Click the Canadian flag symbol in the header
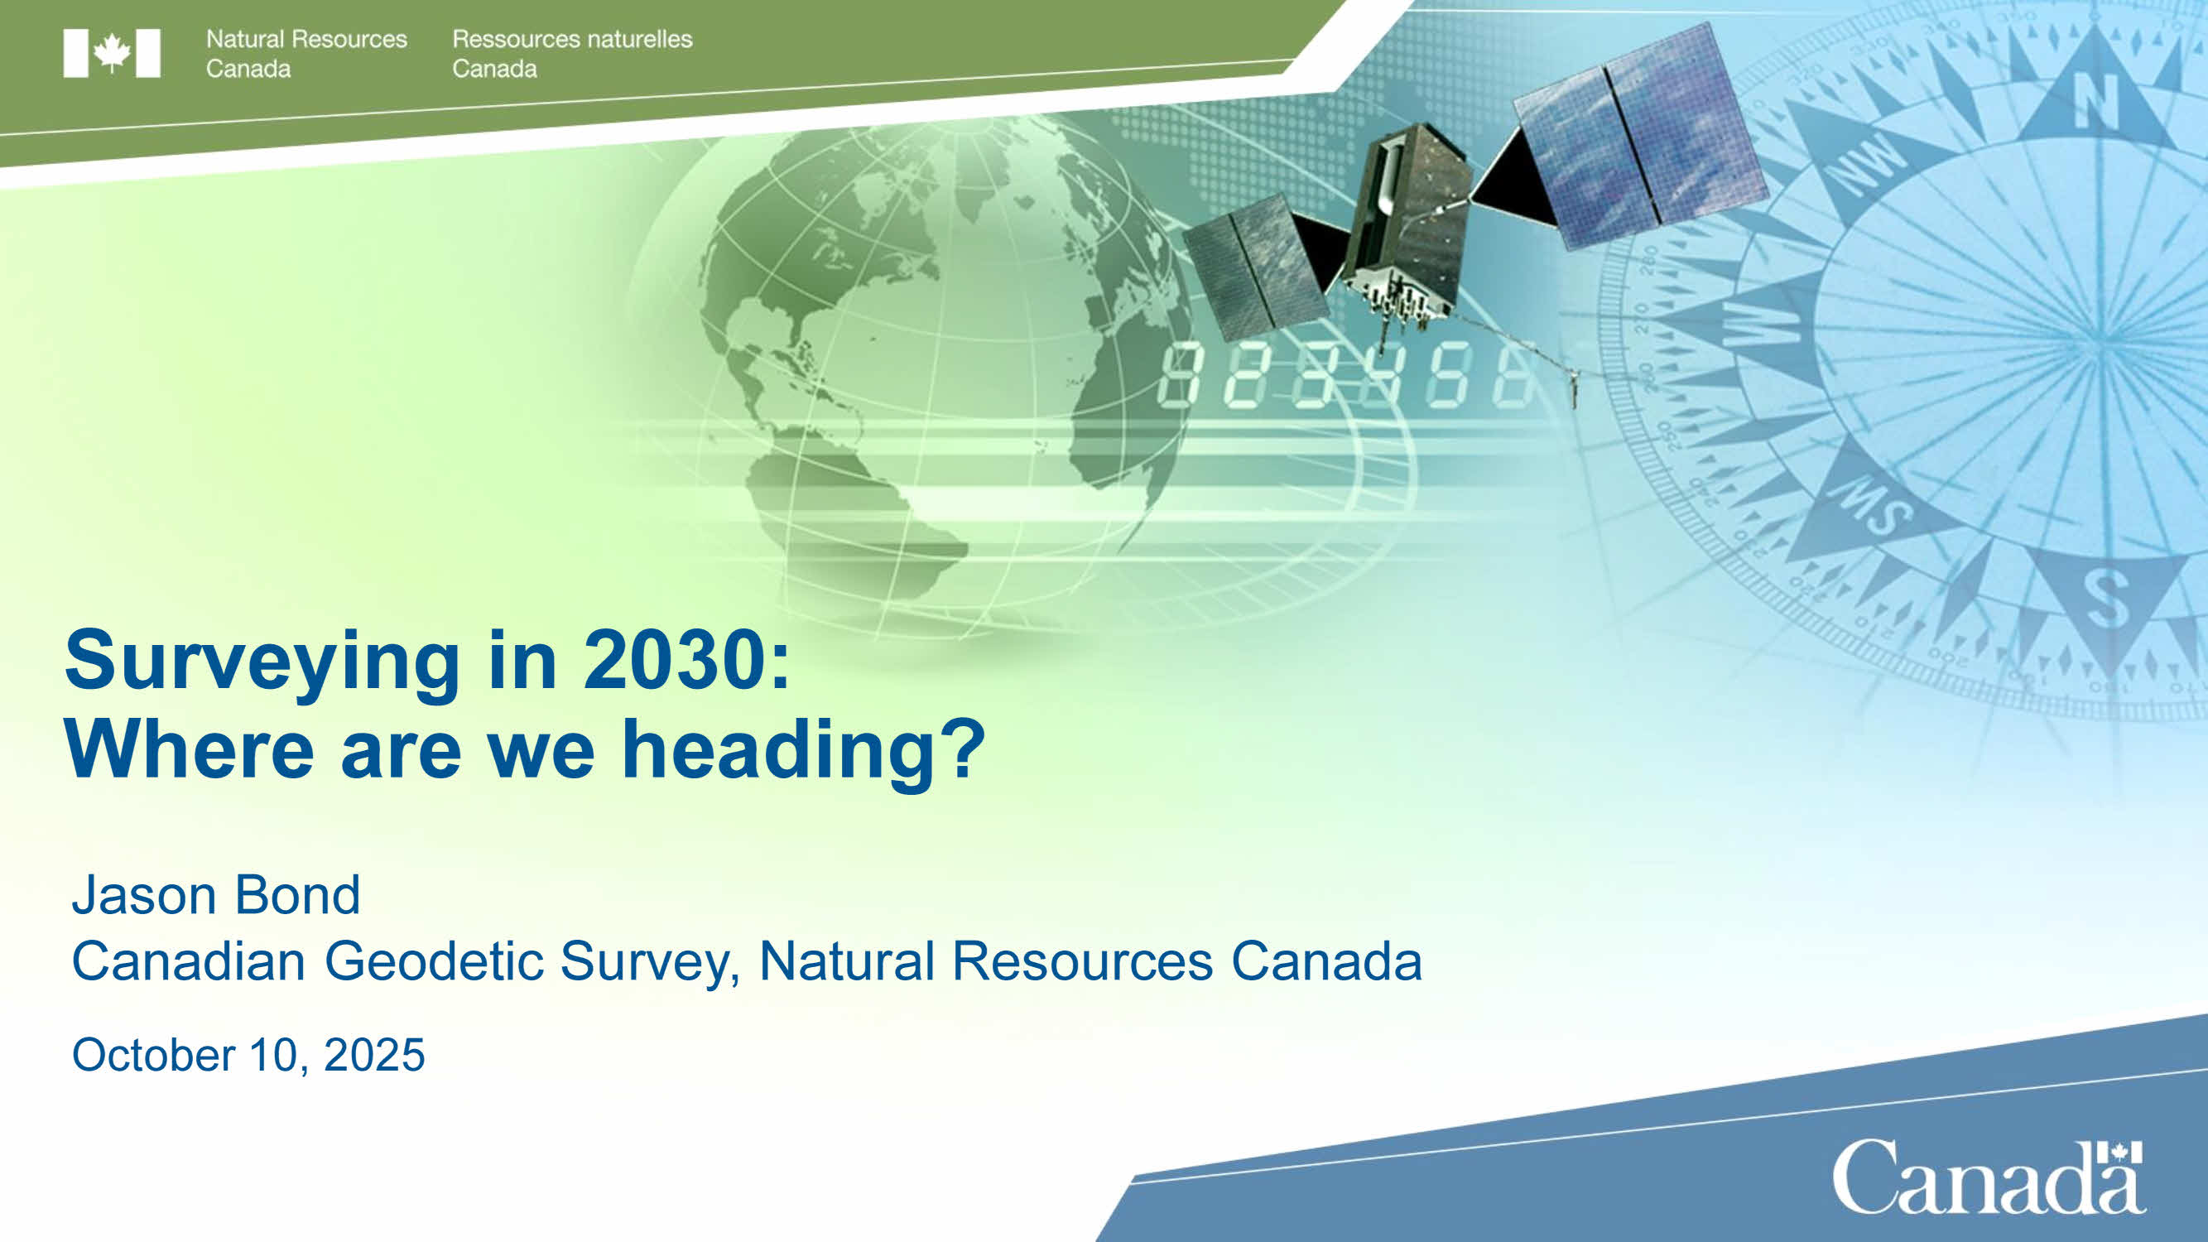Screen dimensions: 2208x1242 [112, 53]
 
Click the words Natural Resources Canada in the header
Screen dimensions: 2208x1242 [306, 53]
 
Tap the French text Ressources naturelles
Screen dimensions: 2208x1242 [572, 40]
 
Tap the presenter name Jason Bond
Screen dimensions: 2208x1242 [216, 895]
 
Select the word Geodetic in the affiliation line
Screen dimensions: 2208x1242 [434, 960]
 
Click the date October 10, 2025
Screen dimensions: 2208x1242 [248, 1054]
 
